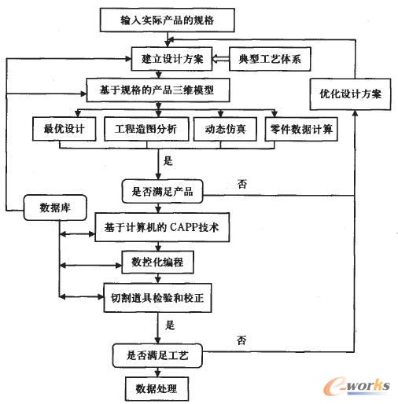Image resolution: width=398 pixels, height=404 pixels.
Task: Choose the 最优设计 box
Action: pos(64,128)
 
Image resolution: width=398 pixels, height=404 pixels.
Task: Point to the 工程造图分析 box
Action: pos(144,128)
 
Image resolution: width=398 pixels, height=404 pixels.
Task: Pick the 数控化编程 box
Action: pos(157,261)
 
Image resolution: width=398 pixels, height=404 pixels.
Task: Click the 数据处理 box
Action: pos(157,389)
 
